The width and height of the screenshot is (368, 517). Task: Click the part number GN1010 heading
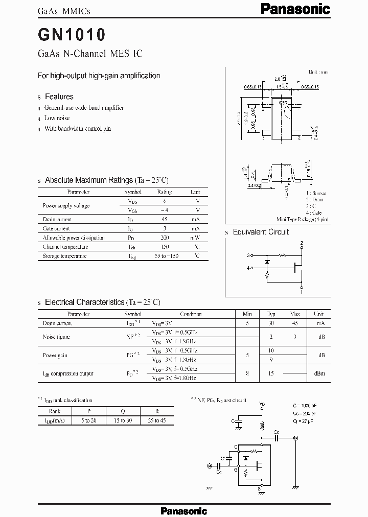(x=72, y=34)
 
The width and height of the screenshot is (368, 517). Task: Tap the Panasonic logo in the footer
(x=184, y=510)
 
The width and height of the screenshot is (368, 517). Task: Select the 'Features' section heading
(x=59, y=97)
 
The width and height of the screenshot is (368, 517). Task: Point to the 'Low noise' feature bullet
(x=57, y=118)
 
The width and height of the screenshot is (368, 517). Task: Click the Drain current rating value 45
(x=165, y=219)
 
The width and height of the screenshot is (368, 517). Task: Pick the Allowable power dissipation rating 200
(x=165, y=238)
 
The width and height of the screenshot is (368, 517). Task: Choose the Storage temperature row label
(x=65, y=256)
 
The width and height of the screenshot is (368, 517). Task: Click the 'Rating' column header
(x=165, y=192)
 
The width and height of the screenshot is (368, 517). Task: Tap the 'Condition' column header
(x=191, y=314)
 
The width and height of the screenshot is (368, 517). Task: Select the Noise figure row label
(x=56, y=337)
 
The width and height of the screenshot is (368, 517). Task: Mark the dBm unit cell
(x=318, y=373)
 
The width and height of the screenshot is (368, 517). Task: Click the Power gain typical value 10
(x=271, y=350)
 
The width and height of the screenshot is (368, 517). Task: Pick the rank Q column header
(x=123, y=411)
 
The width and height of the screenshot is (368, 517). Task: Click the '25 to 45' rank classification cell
(x=156, y=419)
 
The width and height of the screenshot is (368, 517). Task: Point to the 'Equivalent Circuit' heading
(x=261, y=232)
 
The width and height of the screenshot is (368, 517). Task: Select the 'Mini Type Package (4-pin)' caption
(x=303, y=219)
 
